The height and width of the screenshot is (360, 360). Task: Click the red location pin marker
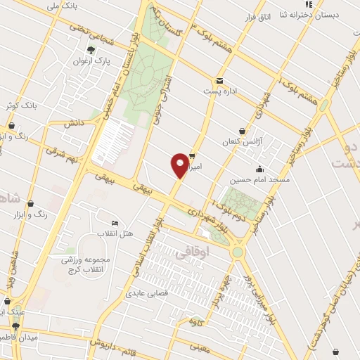(180, 165)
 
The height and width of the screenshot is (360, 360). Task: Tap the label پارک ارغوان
(89, 60)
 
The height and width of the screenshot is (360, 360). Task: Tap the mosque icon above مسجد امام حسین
(259, 169)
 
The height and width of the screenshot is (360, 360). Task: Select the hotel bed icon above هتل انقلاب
(115, 222)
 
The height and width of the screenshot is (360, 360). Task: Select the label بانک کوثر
(18, 105)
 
